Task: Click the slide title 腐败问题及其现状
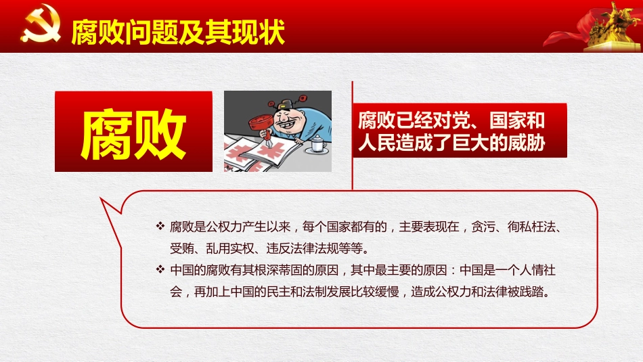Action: [x=177, y=30]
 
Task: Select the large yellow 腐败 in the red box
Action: [x=133, y=133]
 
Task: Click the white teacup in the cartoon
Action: [x=317, y=144]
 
